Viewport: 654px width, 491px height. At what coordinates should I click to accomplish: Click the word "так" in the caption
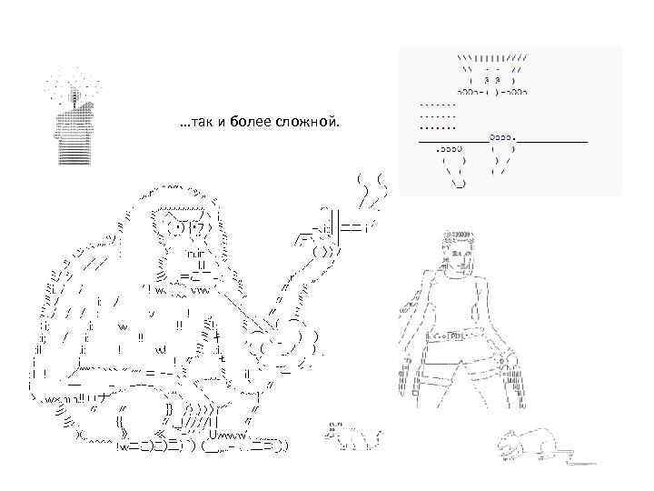pyautogui.click(x=203, y=123)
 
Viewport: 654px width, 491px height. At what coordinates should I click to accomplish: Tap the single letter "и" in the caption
pyautogui.click(x=222, y=123)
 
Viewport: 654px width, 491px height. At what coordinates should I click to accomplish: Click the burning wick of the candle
pyautogui.click(x=75, y=97)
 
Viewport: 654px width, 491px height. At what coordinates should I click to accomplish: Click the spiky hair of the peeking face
pyautogui.click(x=492, y=58)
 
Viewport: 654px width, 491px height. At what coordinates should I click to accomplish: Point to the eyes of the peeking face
pyautogui.click(x=492, y=79)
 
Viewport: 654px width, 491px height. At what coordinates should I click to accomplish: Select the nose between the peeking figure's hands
pyautogui.click(x=492, y=92)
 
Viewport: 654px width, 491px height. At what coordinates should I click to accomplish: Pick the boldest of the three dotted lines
pyautogui.click(x=438, y=128)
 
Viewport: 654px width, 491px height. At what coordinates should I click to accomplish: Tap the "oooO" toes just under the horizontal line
pyautogui.click(x=449, y=148)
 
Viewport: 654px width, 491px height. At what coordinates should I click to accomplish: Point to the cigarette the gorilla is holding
pyautogui.click(x=353, y=227)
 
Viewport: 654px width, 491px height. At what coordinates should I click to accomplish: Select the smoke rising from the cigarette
pyautogui.click(x=372, y=190)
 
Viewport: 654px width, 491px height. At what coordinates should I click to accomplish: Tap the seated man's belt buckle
pyautogui.click(x=456, y=336)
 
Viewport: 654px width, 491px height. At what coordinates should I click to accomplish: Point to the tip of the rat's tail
pyautogui.click(x=598, y=464)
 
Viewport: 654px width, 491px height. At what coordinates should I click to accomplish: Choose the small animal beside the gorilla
pyautogui.click(x=353, y=436)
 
